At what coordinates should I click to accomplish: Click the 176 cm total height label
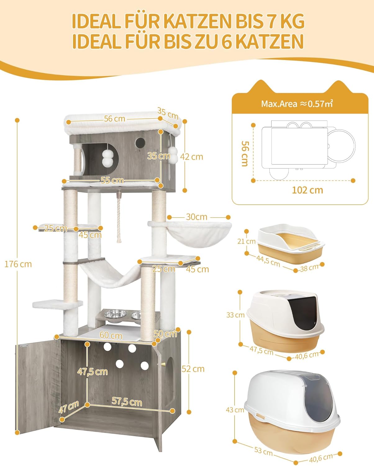click(x=18, y=264)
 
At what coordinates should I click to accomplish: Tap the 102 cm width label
click(x=307, y=190)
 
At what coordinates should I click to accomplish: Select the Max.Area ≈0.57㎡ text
click(x=297, y=104)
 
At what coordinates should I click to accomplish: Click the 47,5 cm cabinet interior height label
click(x=93, y=372)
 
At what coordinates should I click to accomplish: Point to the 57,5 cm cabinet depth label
click(x=127, y=402)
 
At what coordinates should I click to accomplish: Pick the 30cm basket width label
click(x=196, y=217)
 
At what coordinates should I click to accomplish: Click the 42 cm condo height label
click(x=191, y=157)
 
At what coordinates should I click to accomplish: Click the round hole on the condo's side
click(x=140, y=142)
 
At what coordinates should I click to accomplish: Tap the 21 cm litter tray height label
click(x=246, y=241)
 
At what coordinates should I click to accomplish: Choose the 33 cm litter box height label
click(x=235, y=315)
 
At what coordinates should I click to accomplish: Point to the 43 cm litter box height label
click(x=235, y=410)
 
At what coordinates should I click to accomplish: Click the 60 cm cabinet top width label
click(x=111, y=336)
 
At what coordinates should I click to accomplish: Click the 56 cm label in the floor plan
click(x=245, y=154)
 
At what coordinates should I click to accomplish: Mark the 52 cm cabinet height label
click(x=193, y=369)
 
